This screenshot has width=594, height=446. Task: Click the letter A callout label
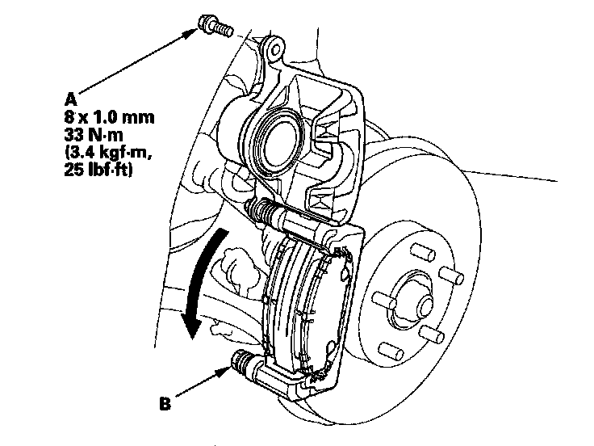click(x=71, y=98)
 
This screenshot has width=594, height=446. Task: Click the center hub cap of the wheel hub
click(x=416, y=290)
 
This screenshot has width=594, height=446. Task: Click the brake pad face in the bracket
click(x=303, y=307)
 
